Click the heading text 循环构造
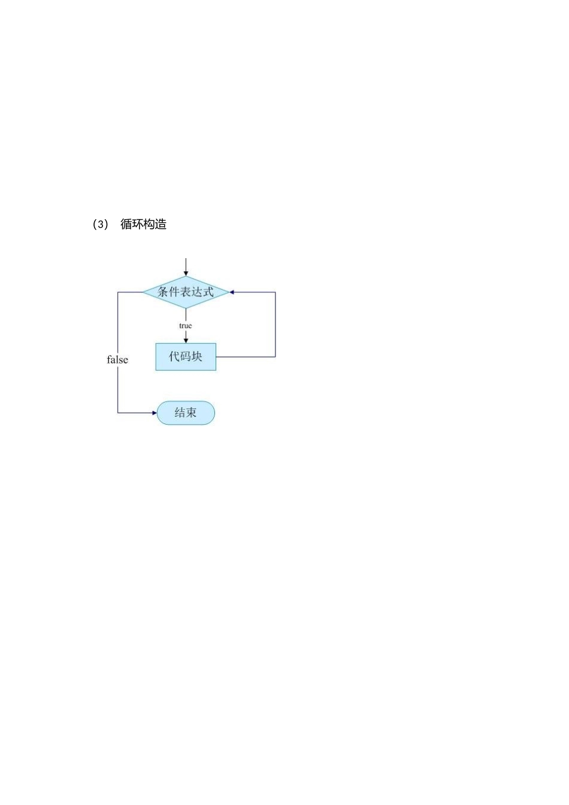(x=143, y=225)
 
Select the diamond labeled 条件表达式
(x=186, y=292)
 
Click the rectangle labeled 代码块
(x=186, y=356)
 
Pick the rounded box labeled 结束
(x=186, y=413)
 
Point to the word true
(x=186, y=326)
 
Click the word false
(x=117, y=360)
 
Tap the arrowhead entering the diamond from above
(x=186, y=273)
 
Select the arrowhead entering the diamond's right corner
(x=232, y=292)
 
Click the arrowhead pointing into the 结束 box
(x=154, y=413)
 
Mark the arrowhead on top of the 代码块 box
(x=186, y=340)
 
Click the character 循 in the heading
(x=126, y=225)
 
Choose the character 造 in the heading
(x=161, y=225)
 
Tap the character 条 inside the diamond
(x=163, y=292)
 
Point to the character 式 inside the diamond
(x=208, y=292)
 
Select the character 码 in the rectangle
(x=186, y=356)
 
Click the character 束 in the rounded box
(x=191, y=413)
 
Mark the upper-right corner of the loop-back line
(x=276, y=292)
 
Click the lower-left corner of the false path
(x=117, y=413)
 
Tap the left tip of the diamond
(x=143, y=292)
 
